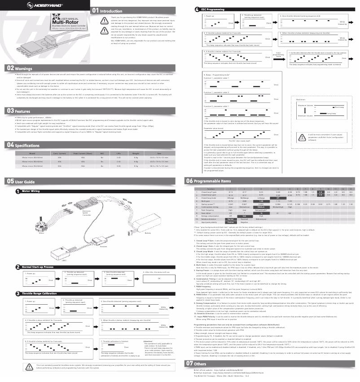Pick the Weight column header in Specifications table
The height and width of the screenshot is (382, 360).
pyautogui.click(x=136, y=141)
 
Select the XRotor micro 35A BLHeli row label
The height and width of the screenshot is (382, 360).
pyautogui.click(x=32, y=153)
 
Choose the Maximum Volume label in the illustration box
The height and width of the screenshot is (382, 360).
pyautogui.click(x=305, y=104)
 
